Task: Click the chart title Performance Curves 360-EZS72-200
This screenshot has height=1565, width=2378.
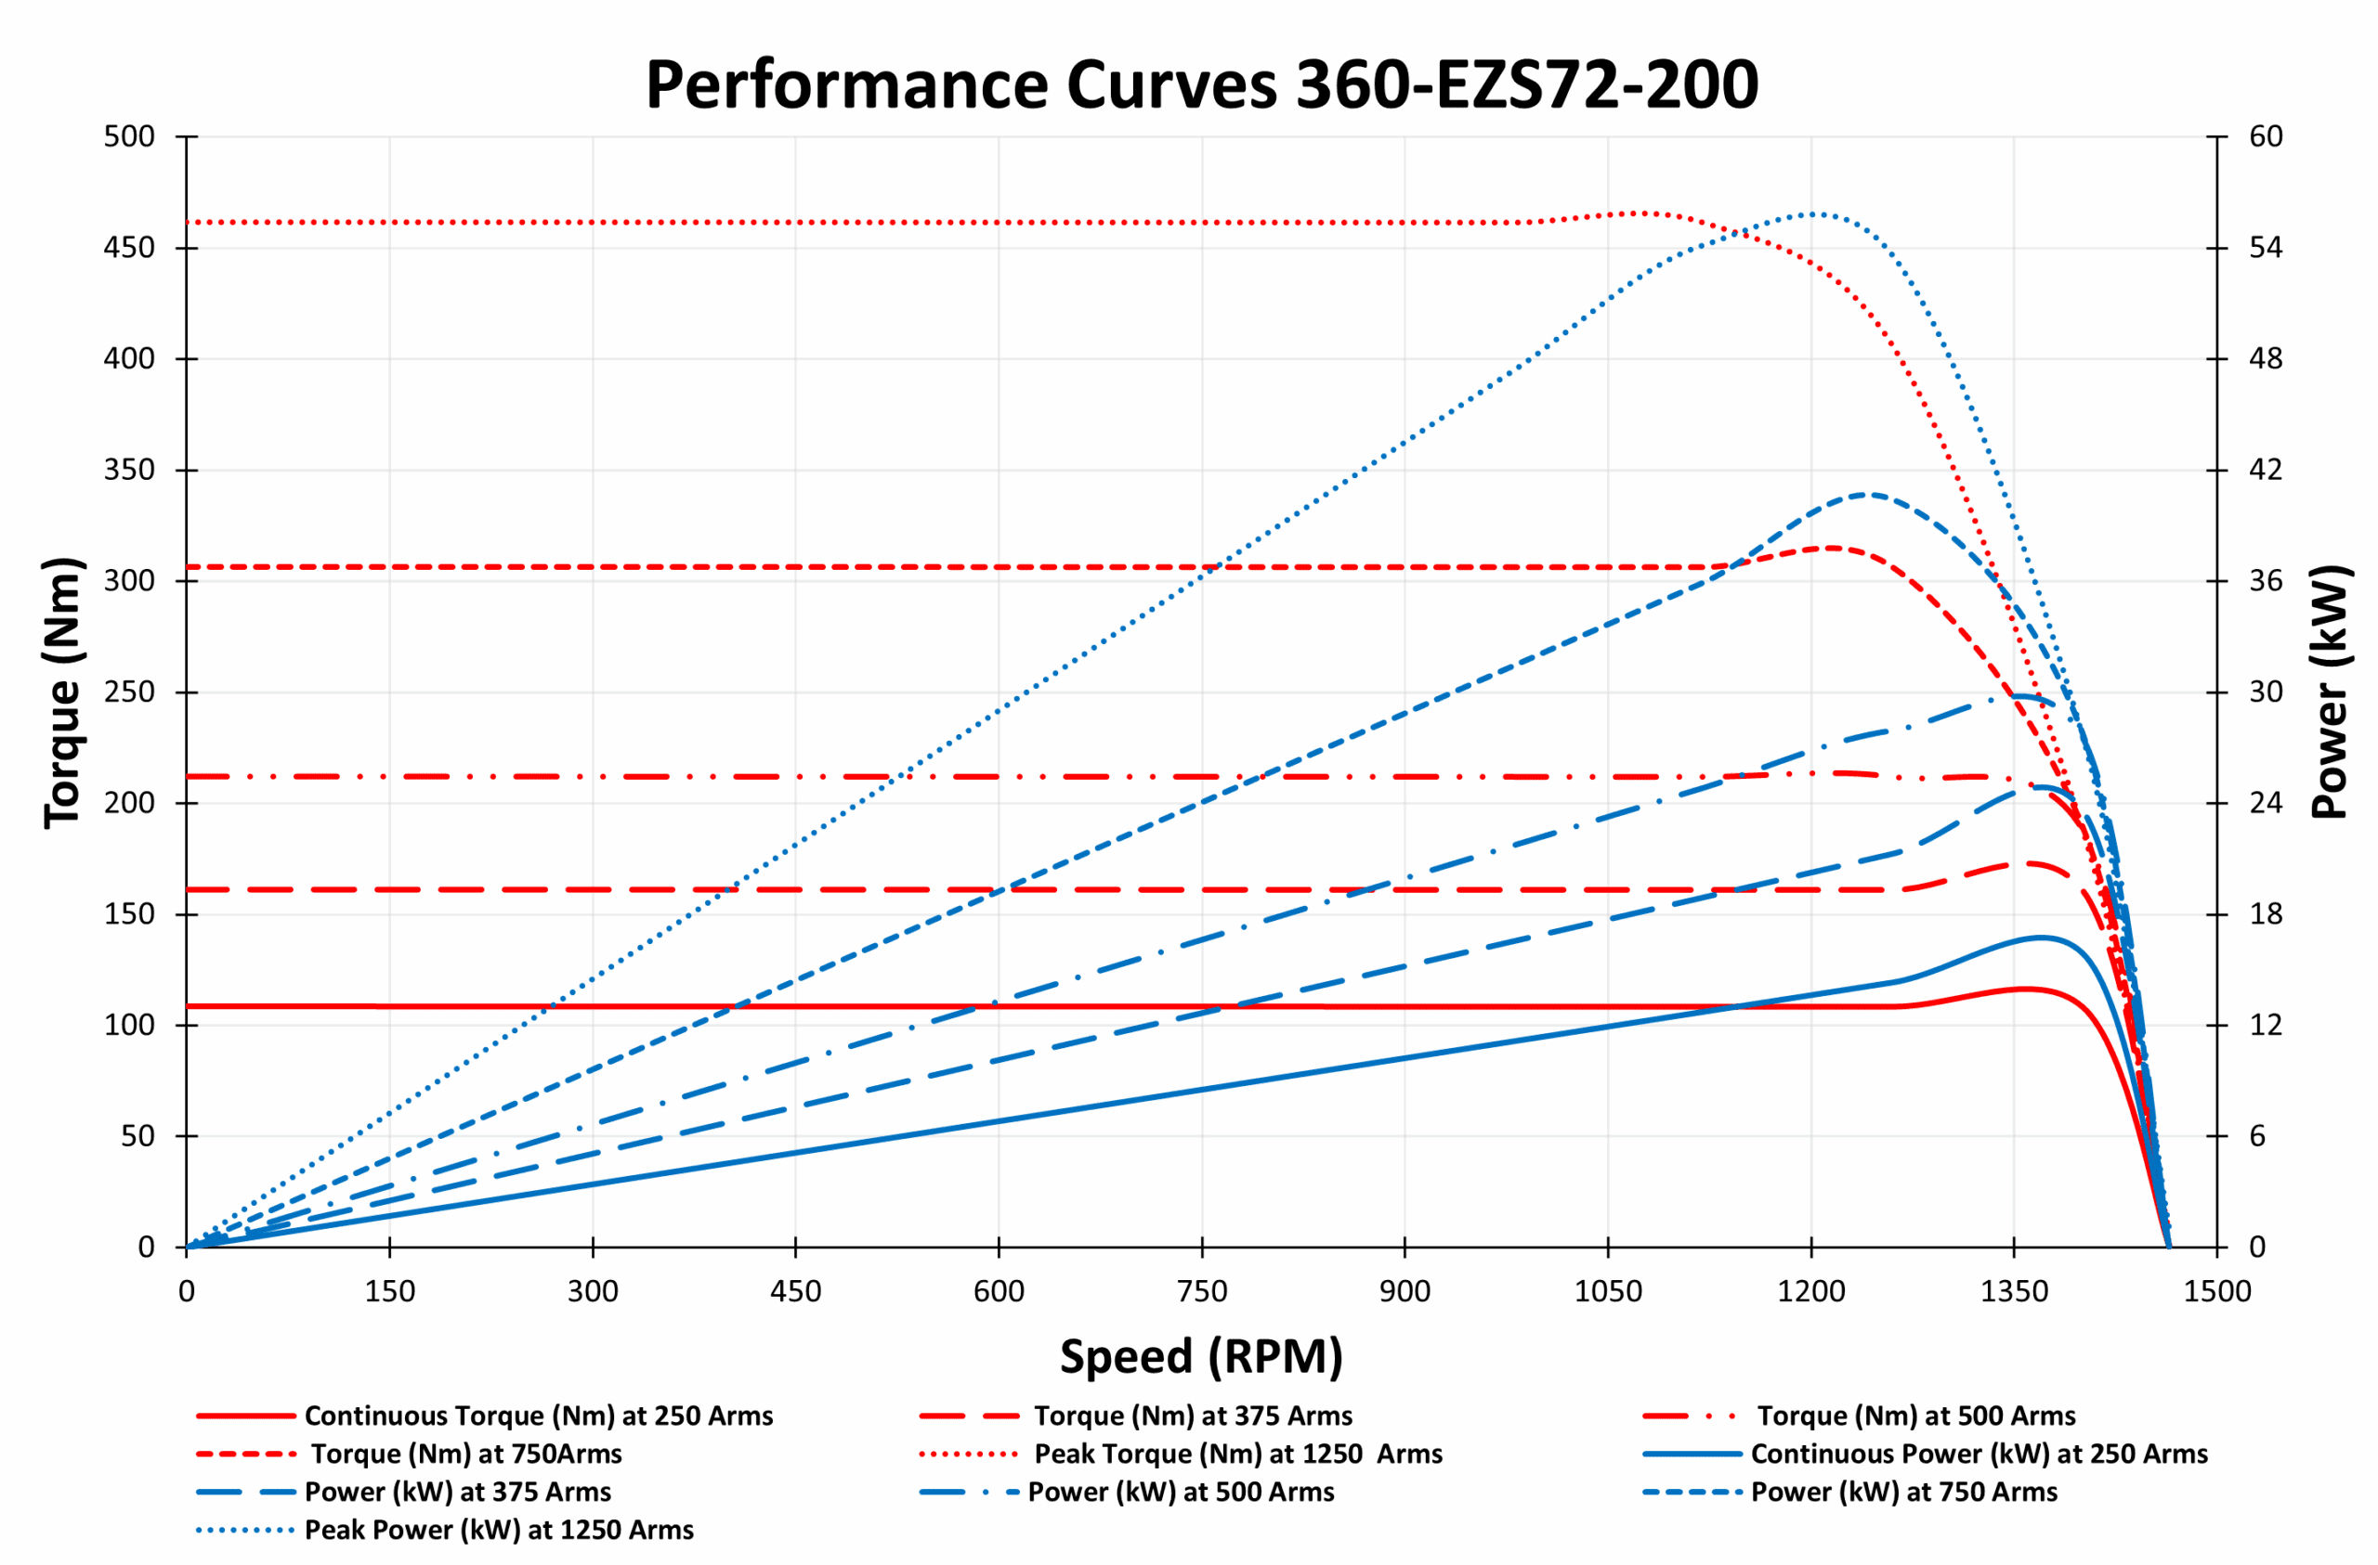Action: (x=1201, y=84)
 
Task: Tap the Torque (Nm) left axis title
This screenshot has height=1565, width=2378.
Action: (x=62, y=692)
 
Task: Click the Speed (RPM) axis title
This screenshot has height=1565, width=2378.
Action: (x=1201, y=1356)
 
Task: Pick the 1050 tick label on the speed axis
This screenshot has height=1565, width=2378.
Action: (x=1608, y=1291)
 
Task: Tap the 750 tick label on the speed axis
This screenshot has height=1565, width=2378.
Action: (x=1202, y=1291)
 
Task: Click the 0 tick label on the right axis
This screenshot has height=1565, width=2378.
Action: (x=2257, y=1247)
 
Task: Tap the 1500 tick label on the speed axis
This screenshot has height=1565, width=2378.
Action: (x=2217, y=1291)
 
